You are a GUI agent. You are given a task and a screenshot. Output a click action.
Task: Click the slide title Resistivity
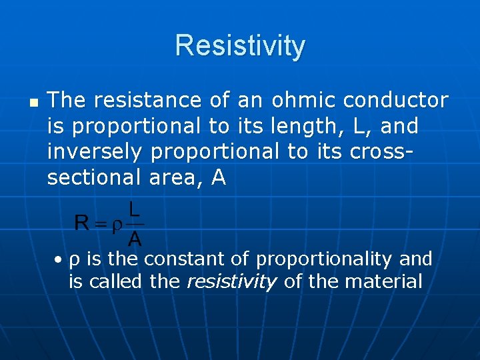tap(240, 46)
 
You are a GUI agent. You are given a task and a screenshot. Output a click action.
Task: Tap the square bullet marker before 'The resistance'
tap(34, 103)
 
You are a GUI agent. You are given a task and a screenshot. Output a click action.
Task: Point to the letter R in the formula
tap(82, 223)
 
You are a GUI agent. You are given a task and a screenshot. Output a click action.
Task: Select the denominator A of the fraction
tap(134, 238)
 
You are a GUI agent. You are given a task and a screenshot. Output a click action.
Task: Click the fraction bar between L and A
tap(134, 224)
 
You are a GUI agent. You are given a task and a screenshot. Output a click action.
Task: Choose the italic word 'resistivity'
tap(231, 282)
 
